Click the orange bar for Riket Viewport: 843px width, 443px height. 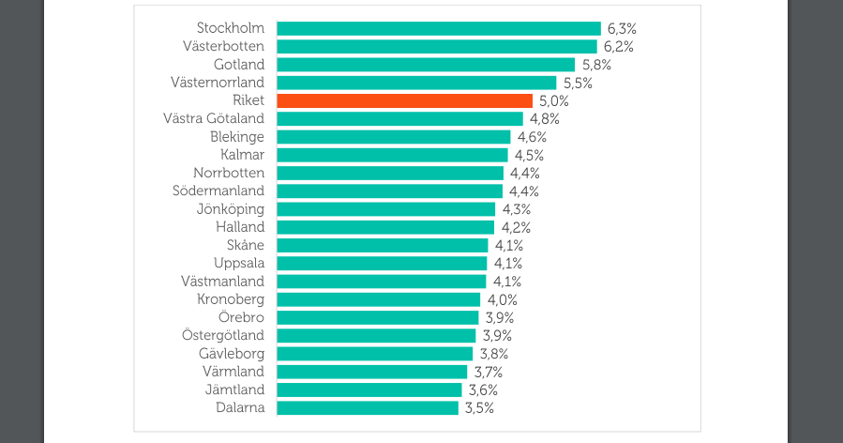pos(404,100)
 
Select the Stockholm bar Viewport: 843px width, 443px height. pos(438,28)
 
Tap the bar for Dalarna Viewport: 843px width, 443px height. pos(367,407)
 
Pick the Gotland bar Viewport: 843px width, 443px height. pos(425,65)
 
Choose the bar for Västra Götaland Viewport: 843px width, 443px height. pos(399,118)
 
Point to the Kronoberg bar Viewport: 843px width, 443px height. pos(378,299)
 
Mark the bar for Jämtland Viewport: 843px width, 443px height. pos(369,390)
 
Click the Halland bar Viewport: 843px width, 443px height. pos(384,227)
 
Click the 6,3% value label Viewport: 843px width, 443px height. pos(621,28)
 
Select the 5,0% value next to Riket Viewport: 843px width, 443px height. pos(553,100)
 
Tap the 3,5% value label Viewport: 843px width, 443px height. pos(478,407)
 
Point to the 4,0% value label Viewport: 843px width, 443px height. pos(502,299)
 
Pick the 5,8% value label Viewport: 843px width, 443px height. pos(595,65)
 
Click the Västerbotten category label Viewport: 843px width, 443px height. pos(224,46)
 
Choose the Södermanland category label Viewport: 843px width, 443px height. pos(218,191)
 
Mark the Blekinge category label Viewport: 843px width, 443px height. pos(237,137)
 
